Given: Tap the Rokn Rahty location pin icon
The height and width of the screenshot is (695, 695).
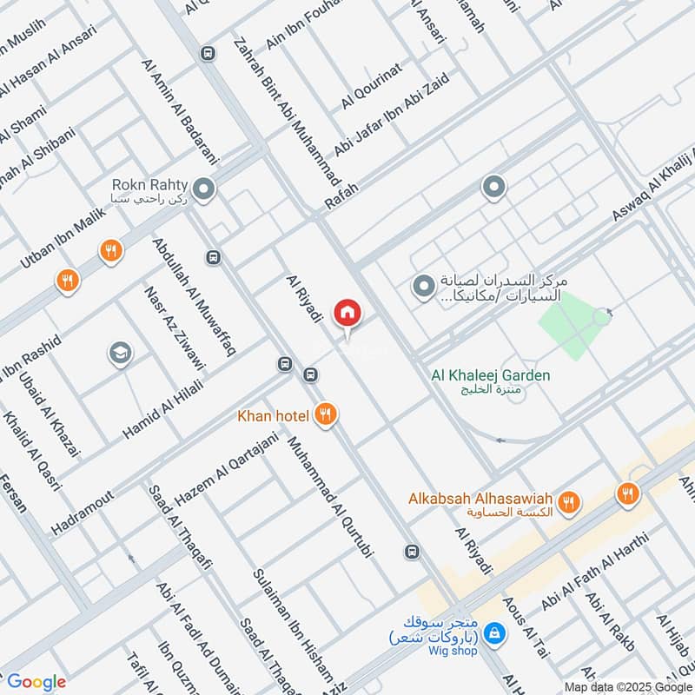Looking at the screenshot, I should pyautogui.click(x=204, y=189).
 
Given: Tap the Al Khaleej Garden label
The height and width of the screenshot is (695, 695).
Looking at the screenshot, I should pyautogui.click(x=491, y=375).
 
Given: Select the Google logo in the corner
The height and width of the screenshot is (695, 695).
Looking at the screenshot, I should pyautogui.click(x=36, y=682).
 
